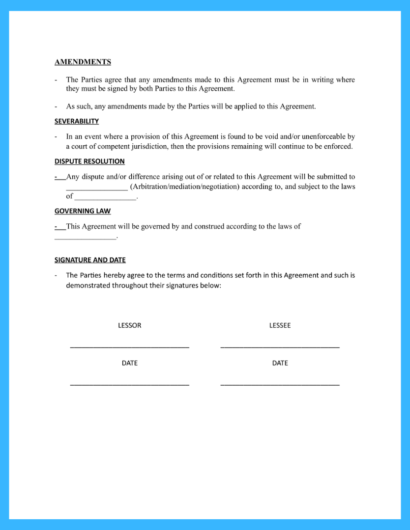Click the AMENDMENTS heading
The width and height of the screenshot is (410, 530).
click(83, 62)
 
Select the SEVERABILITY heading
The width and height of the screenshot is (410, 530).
click(77, 121)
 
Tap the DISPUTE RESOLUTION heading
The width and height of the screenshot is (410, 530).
click(89, 161)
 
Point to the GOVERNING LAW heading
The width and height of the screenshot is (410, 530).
click(83, 211)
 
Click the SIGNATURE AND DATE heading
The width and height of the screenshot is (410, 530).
click(90, 260)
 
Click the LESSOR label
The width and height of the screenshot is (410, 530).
click(130, 325)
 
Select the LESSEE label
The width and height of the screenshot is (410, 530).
click(280, 325)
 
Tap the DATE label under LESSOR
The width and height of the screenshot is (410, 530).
click(130, 363)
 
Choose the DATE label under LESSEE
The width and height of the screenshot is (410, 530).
click(280, 363)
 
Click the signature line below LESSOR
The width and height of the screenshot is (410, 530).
click(130, 347)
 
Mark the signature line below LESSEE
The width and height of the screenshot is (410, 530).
click(280, 347)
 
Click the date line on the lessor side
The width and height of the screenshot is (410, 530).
click(130, 385)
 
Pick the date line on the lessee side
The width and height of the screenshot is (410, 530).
click(280, 385)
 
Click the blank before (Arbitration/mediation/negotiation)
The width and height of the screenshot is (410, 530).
click(97, 188)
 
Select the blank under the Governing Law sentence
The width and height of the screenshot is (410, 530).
click(85, 238)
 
